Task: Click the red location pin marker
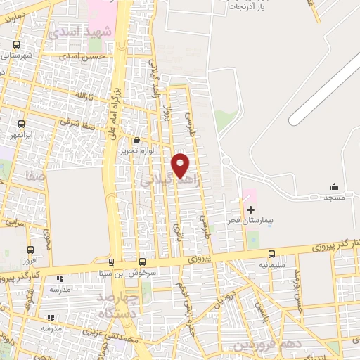pyautogui.click(x=181, y=165)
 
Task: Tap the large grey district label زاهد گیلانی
pyautogui.click(x=171, y=181)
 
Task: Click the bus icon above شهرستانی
pyautogui.click(x=16, y=44)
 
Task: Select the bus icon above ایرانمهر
pyautogui.click(x=22, y=122)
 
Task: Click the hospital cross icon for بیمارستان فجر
pyautogui.click(x=250, y=210)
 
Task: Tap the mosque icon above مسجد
pyautogui.click(x=335, y=186)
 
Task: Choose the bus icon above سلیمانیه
pyautogui.click(x=271, y=255)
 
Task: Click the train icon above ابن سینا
pyautogui.click(x=142, y=261)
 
